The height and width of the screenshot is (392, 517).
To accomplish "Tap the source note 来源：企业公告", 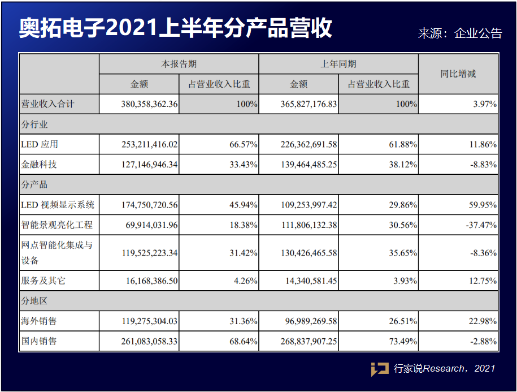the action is [x=460, y=33].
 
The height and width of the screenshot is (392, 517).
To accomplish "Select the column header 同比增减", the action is [x=458, y=74].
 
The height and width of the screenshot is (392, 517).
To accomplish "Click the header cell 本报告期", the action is [x=179, y=64].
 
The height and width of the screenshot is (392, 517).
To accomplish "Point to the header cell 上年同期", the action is [x=338, y=64].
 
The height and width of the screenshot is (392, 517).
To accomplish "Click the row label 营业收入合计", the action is [x=48, y=104].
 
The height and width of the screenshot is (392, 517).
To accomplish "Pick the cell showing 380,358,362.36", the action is [x=149, y=104].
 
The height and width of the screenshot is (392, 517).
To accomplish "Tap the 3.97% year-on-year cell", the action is [x=485, y=104].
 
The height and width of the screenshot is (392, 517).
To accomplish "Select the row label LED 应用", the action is [x=40, y=145].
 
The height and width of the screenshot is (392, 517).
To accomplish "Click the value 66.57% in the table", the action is [x=244, y=145].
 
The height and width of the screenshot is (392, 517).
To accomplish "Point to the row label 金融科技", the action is [x=39, y=164].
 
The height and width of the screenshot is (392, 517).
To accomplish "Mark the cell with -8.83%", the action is [x=483, y=164].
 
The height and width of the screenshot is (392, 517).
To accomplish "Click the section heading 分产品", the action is [x=34, y=184].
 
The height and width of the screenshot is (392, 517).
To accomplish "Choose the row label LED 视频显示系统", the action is [x=58, y=205].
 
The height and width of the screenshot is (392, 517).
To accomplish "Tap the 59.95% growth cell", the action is [x=483, y=205].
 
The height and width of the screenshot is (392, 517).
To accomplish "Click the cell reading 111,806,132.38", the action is [x=309, y=225].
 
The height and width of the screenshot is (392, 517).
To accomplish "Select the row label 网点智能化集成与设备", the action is [x=57, y=253].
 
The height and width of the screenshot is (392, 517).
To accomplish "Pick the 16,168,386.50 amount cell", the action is [x=151, y=281].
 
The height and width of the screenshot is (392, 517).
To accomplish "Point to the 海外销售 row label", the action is [x=39, y=321].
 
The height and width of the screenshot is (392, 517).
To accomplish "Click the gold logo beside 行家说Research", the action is [x=380, y=369].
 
